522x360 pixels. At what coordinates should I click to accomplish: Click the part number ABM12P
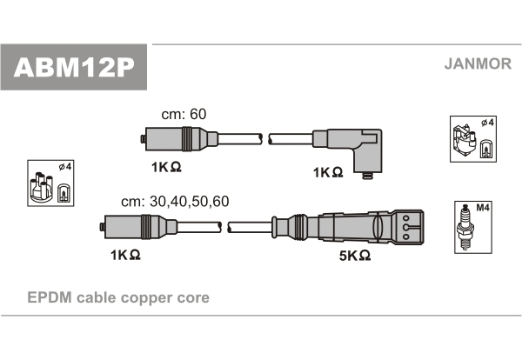[x=74, y=68]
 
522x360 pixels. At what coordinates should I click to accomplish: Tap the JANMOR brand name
[x=478, y=63]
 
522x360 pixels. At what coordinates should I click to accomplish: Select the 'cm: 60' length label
[x=184, y=114]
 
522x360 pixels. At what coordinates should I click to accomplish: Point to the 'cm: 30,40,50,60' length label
[x=175, y=201]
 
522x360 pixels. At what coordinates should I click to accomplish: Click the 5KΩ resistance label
[x=355, y=256]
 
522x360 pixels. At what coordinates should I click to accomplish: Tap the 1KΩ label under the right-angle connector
[x=328, y=172]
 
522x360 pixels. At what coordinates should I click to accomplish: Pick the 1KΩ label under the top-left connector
[x=166, y=167]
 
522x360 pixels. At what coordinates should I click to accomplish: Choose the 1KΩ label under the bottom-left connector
[x=125, y=255]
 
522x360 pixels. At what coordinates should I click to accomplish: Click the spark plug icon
[x=465, y=228]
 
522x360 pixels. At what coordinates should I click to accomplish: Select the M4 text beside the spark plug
[x=482, y=208]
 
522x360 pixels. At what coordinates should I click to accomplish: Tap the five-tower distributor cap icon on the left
[x=41, y=187]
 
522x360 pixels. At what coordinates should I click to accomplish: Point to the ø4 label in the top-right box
[x=487, y=123]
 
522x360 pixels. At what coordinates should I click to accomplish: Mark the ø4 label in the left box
[x=65, y=166]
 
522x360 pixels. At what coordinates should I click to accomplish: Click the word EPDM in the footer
[x=50, y=297]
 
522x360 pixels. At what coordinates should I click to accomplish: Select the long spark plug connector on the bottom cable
[x=347, y=227]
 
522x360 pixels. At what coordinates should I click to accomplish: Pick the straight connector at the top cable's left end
[x=180, y=139]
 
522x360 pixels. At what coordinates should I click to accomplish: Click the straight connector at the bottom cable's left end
[x=139, y=227]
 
